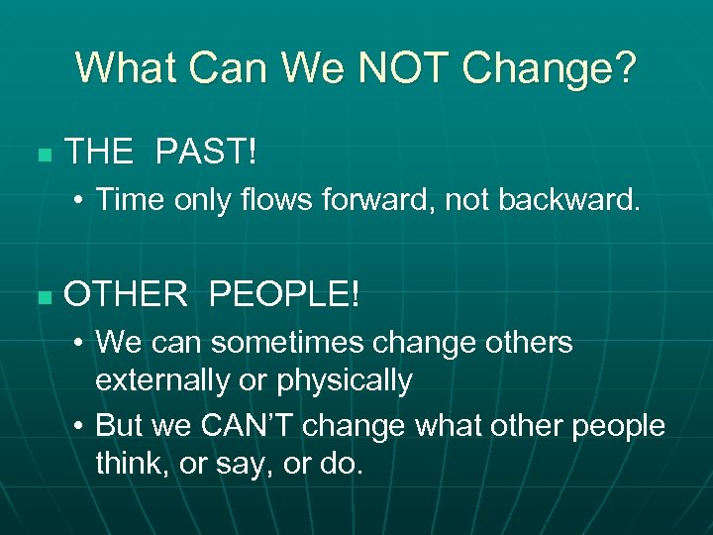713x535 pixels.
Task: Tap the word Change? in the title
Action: click(551, 68)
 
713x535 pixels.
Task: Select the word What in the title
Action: click(126, 68)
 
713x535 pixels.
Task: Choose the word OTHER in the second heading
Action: click(126, 294)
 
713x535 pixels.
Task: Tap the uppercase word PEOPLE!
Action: click(286, 294)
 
